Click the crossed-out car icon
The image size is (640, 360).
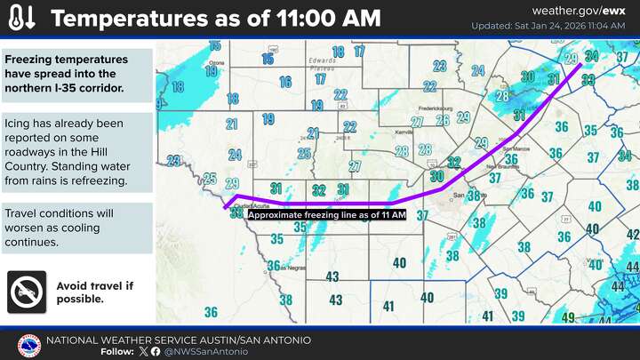pyautogui.click(x=28, y=292)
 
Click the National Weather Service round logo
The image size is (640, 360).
pyautogui.click(x=29, y=346)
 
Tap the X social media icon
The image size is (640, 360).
pyautogui.click(x=144, y=352)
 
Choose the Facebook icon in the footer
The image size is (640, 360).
pyautogui.click(x=156, y=352)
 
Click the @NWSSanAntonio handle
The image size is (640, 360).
pyautogui.click(x=198, y=352)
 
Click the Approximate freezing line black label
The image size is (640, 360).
pyautogui.click(x=326, y=215)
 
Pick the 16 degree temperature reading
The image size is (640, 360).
pyautogui.click(x=285, y=81)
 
